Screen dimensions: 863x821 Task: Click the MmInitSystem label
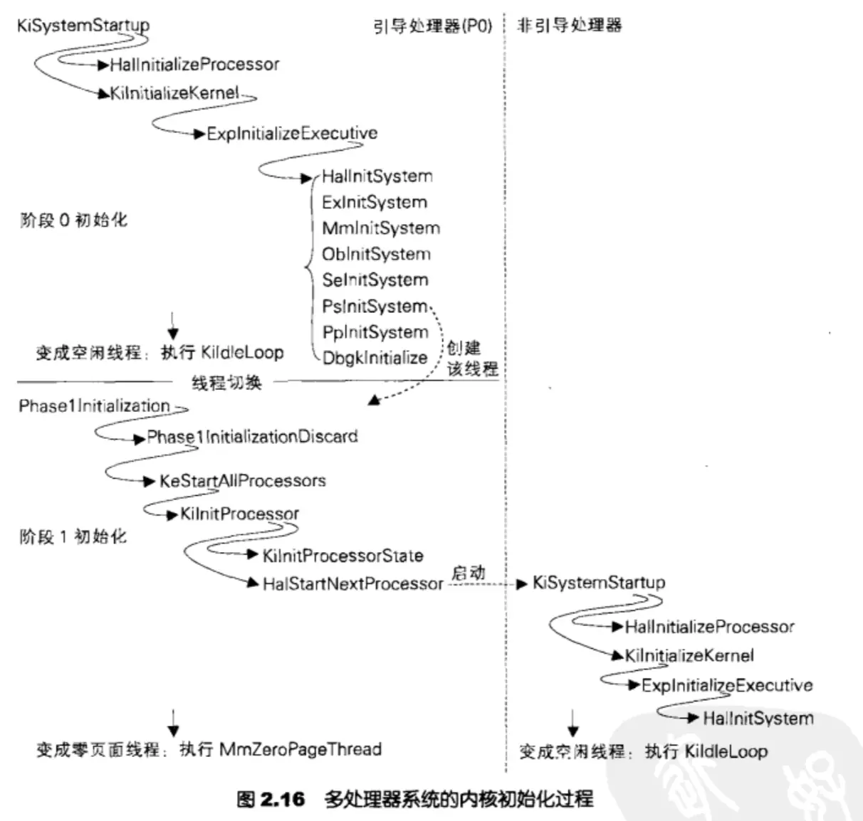point(381,228)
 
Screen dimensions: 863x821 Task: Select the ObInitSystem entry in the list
point(376,254)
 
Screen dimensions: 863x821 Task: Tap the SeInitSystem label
point(375,280)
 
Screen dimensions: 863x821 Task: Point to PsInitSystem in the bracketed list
point(375,307)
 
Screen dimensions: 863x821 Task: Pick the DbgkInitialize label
point(375,358)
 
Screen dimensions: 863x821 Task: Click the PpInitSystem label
point(375,332)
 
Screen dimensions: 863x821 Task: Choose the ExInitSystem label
point(374,202)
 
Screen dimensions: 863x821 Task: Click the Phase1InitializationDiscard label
point(252,437)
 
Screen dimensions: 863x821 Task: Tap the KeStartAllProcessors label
point(242,481)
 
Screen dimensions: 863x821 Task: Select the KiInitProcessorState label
point(342,556)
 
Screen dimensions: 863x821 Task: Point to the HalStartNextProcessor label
point(352,584)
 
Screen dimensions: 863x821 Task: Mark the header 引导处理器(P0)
point(433,26)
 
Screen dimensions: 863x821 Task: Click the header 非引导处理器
point(569,26)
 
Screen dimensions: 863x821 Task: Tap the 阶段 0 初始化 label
point(73,220)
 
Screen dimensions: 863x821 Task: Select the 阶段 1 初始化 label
point(73,536)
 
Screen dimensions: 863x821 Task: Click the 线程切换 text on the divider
point(226,383)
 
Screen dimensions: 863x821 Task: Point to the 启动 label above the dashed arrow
point(468,572)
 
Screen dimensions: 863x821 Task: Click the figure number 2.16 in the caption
point(282,799)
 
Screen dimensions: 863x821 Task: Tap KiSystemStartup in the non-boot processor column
point(599,583)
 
